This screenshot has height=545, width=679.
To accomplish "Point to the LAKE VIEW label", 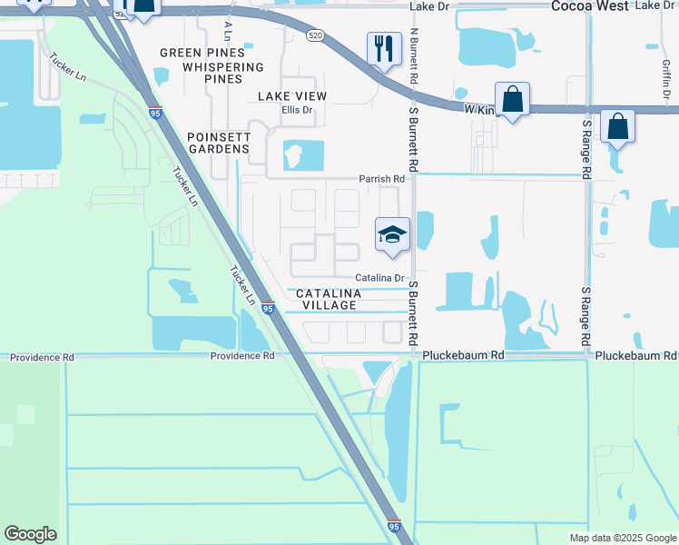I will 292,96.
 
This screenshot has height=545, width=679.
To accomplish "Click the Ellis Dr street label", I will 296,110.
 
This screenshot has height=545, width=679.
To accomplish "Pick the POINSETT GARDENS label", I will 218,142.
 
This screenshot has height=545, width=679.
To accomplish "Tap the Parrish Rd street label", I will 381,179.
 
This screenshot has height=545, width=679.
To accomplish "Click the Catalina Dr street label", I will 379,277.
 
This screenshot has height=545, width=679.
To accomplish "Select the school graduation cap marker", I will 392,235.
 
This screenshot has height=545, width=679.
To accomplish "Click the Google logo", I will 30,534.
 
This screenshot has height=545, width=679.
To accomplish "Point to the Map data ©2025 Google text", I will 624,538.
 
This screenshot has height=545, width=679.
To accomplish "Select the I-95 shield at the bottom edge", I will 394,526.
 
